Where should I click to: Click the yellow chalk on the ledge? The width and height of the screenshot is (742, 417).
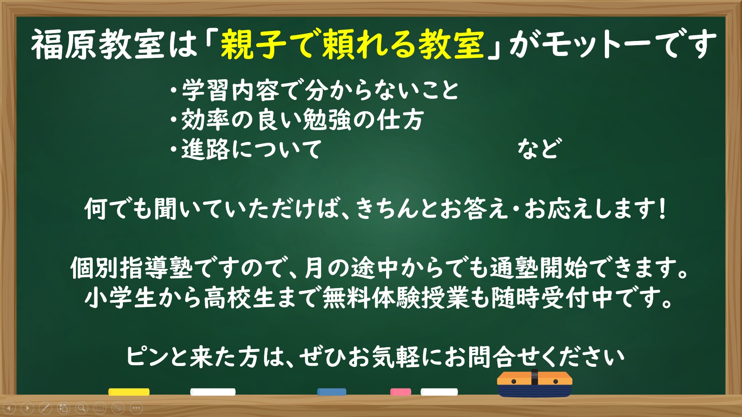click(129, 392)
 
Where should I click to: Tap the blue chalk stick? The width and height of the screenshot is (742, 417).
click(332, 392)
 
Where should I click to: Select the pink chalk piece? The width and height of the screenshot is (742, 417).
click(401, 392)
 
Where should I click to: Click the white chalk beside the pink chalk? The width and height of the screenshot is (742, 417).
click(439, 392)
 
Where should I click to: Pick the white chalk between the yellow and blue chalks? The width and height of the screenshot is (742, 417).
click(213, 392)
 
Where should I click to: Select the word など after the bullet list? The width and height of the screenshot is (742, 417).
click(538, 149)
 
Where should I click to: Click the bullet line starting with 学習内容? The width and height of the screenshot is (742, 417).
click(315, 90)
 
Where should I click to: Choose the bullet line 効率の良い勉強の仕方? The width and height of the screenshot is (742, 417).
click(297, 120)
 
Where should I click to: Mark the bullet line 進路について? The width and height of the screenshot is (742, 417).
click(246, 149)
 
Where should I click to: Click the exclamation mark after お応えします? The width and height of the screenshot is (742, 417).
click(662, 209)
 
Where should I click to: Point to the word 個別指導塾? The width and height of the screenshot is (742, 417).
click(131, 268)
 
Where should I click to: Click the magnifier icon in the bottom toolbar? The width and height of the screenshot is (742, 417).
click(82, 408)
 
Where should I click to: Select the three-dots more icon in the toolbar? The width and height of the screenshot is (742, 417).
click(136, 408)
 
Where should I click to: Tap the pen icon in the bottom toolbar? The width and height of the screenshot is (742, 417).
click(45, 408)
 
